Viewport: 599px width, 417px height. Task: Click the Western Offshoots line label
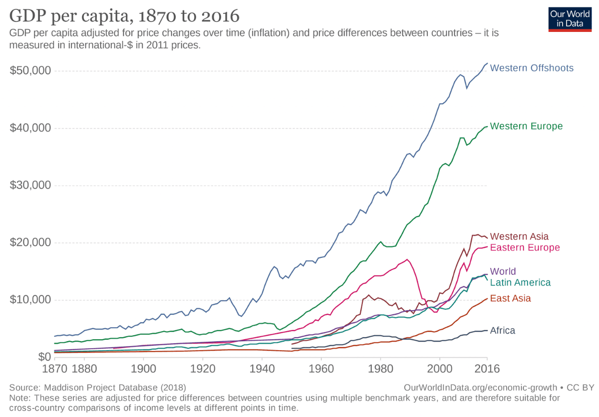click(532, 68)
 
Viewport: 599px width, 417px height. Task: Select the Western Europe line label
click(526, 126)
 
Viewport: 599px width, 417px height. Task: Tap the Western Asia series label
click(519, 236)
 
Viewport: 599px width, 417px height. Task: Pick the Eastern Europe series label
click(525, 247)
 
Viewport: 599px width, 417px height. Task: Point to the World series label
click(503, 272)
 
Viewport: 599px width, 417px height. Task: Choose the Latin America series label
click(520, 283)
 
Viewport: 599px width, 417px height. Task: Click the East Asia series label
click(510, 299)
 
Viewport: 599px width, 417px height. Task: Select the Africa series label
click(502, 330)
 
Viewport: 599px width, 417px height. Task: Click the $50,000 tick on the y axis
click(30, 71)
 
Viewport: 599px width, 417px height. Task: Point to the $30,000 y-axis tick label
click(30, 186)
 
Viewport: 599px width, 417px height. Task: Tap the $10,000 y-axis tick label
click(30, 300)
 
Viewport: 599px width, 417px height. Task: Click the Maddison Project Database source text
click(98, 388)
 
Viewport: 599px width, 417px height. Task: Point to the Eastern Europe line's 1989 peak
click(408, 259)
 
